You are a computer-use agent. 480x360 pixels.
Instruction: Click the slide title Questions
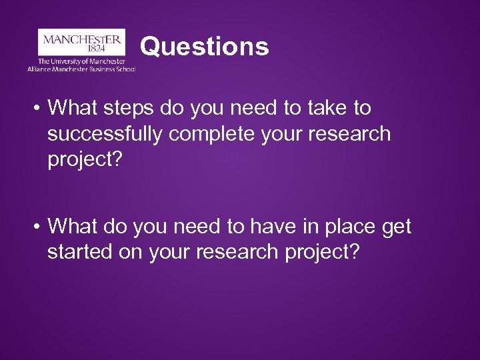(x=205, y=47)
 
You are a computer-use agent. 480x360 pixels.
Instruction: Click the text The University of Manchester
(x=81, y=61)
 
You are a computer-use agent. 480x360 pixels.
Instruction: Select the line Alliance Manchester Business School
(x=81, y=69)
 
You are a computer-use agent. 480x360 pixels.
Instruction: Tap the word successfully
(x=105, y=134)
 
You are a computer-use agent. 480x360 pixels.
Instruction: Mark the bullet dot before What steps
(x=37, y=108)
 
